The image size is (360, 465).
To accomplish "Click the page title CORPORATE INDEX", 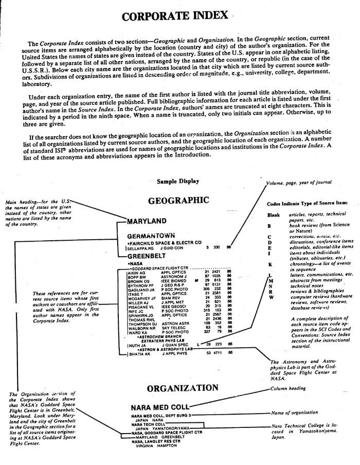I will pyautogui.click(x=175, y=16).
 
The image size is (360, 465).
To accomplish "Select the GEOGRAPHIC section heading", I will pyautogui.click(x=178, y=201).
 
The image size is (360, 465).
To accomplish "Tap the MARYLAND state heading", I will pyautogui.click(x=147, y=222).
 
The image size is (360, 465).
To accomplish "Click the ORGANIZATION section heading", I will pyautogui.click(x=178, y=388).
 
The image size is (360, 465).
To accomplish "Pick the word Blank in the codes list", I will pyautogui.click(x=274, y=215).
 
